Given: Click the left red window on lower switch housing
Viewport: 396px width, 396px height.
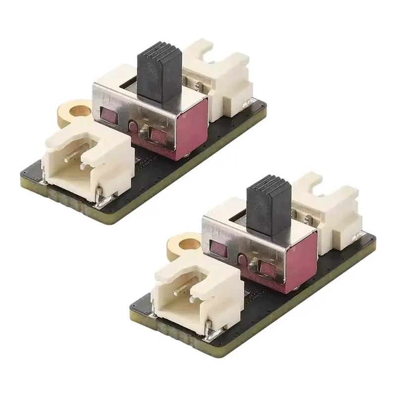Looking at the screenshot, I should click(x=216, y=247).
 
